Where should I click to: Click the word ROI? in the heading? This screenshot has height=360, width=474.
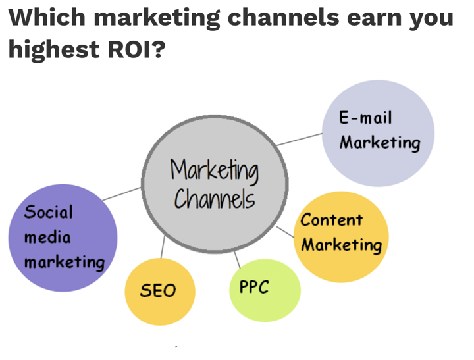tap(137, 49)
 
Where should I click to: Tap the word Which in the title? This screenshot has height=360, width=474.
tap(47, 18)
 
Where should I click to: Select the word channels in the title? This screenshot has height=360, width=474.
tap(283, 18)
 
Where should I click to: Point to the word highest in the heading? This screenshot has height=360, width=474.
tap(54, 50)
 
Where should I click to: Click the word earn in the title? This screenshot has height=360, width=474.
tap(374, 18)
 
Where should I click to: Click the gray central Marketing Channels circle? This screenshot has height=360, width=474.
tap(215, 184)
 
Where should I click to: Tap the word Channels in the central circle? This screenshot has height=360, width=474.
tap(215, 199)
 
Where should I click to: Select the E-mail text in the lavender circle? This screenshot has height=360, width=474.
tap(365, 117)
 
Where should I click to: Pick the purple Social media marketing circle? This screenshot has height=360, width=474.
tap(63, 238)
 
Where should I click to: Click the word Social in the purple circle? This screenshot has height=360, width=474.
tap(48, 211)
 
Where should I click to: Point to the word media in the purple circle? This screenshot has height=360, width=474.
tap(47, 238)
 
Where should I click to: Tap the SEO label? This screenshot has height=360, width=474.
tap(158, 290)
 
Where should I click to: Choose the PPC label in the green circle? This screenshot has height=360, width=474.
tap(254, 286)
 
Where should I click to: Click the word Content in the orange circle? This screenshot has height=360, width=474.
tap(332, 219)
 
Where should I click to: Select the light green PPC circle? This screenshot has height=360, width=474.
tap(265, 290)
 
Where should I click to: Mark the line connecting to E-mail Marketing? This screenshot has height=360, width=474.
tap(300, 140)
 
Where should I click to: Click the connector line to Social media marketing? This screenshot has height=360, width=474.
tap(122, 193)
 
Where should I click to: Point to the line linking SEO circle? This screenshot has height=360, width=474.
tap(163, 247)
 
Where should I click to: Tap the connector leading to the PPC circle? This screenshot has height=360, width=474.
tap(237, 260)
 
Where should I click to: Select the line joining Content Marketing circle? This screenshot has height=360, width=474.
tap(285, 232)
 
